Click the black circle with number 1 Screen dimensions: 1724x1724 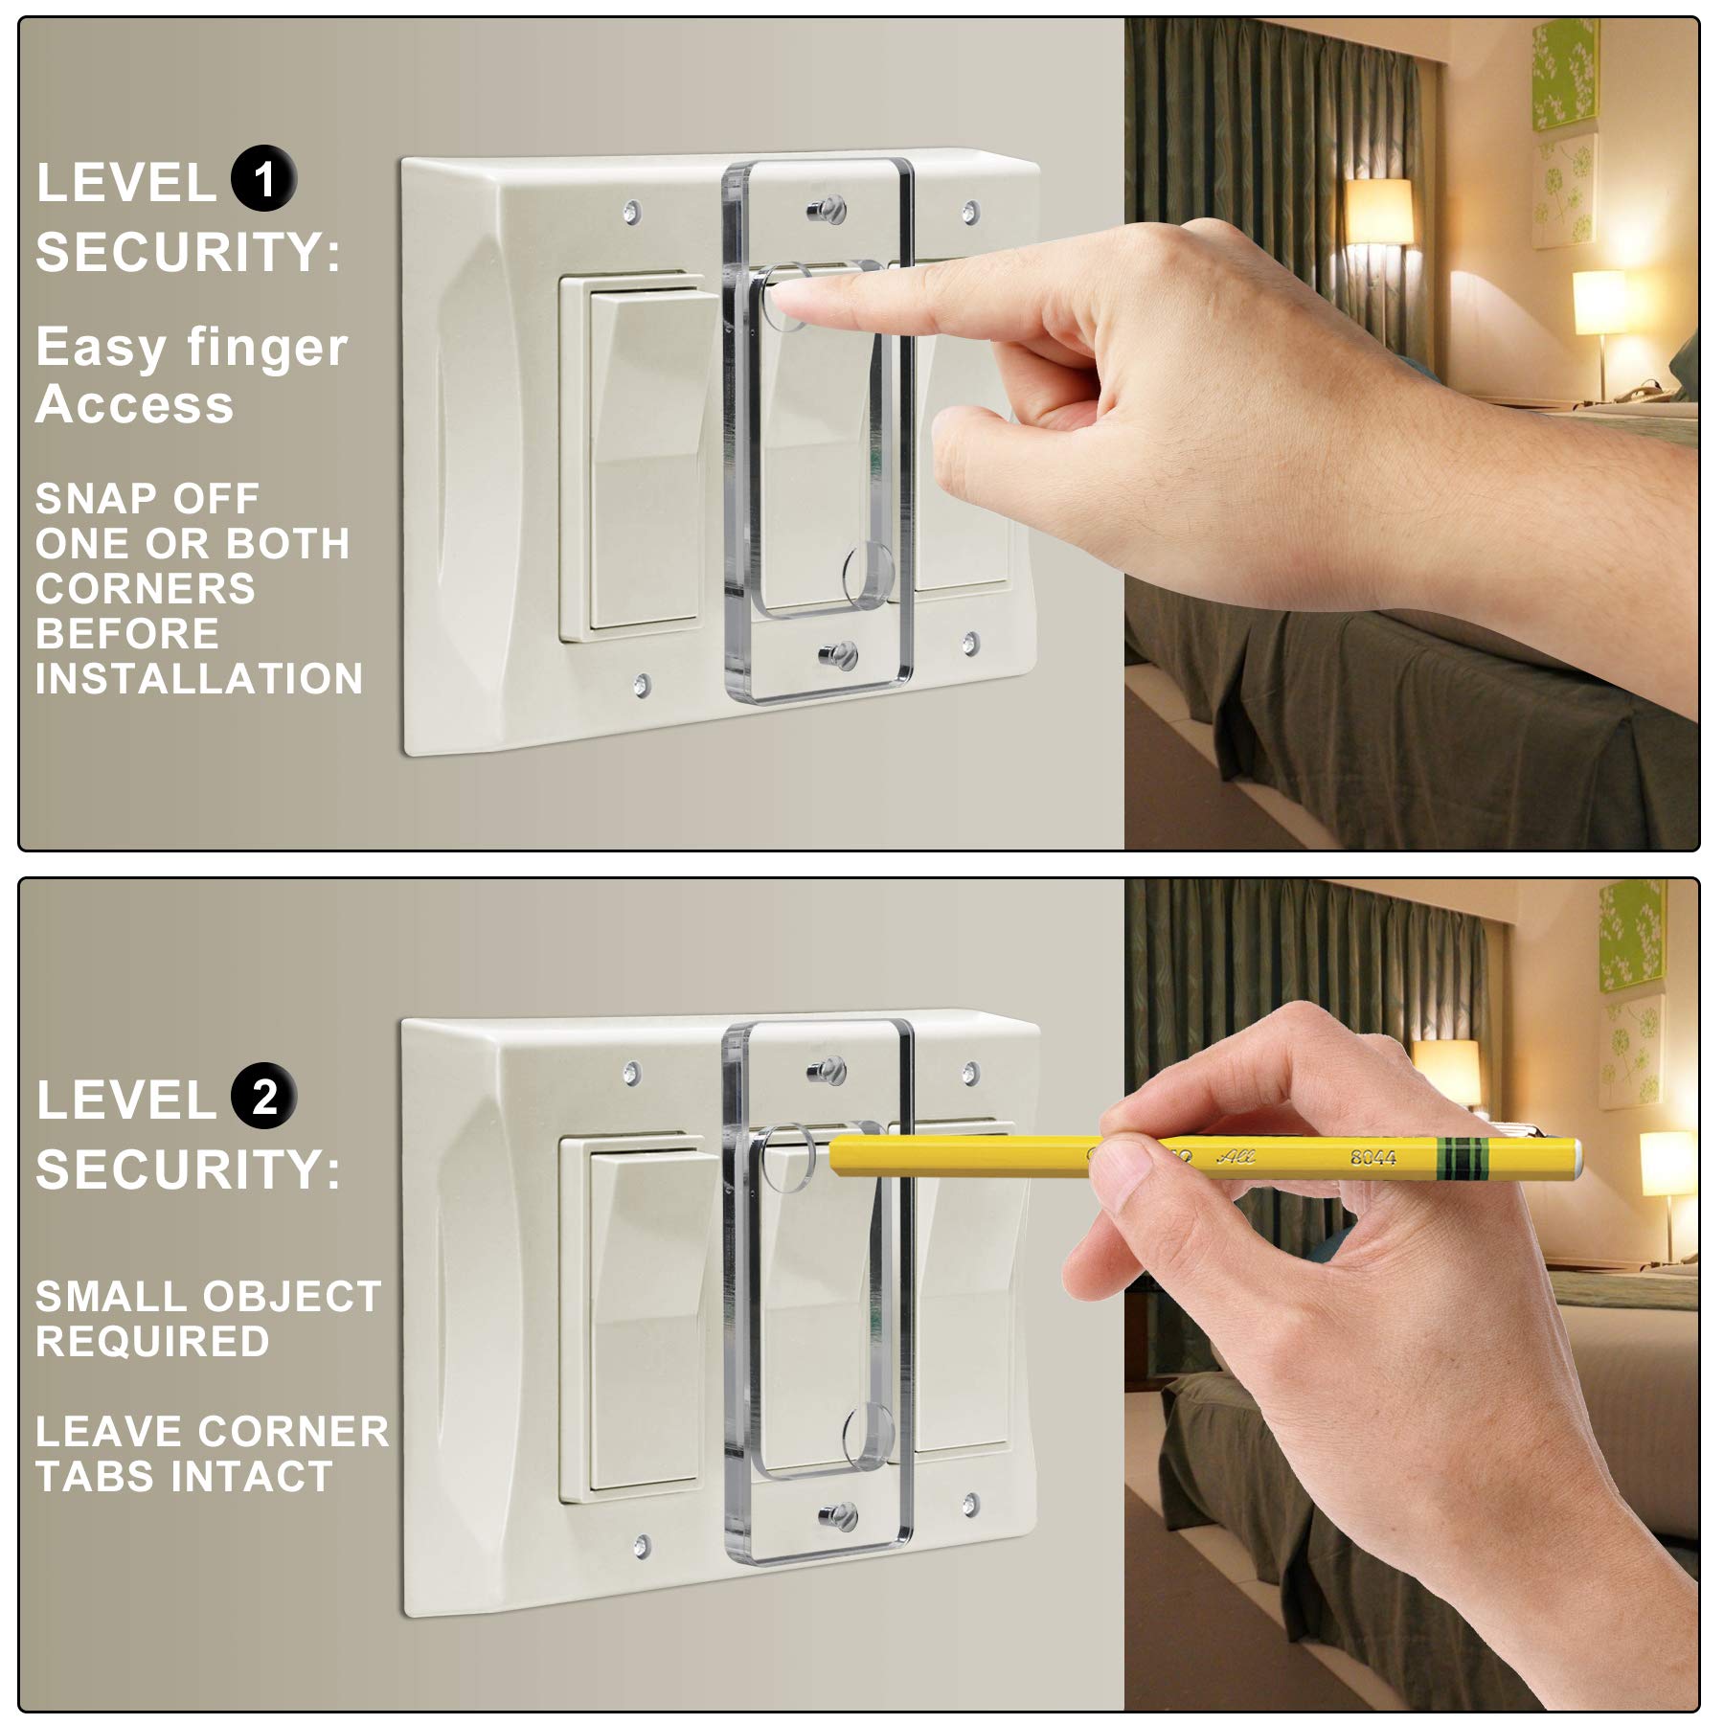(263, 179)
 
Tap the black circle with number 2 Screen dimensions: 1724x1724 (263, 1096)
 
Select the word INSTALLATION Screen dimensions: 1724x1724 (199, 679)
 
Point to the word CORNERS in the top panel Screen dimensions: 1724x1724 (146, 588)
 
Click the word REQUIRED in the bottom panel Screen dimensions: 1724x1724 (152, 1341)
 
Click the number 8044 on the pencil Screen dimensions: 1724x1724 (1372, 1157)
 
